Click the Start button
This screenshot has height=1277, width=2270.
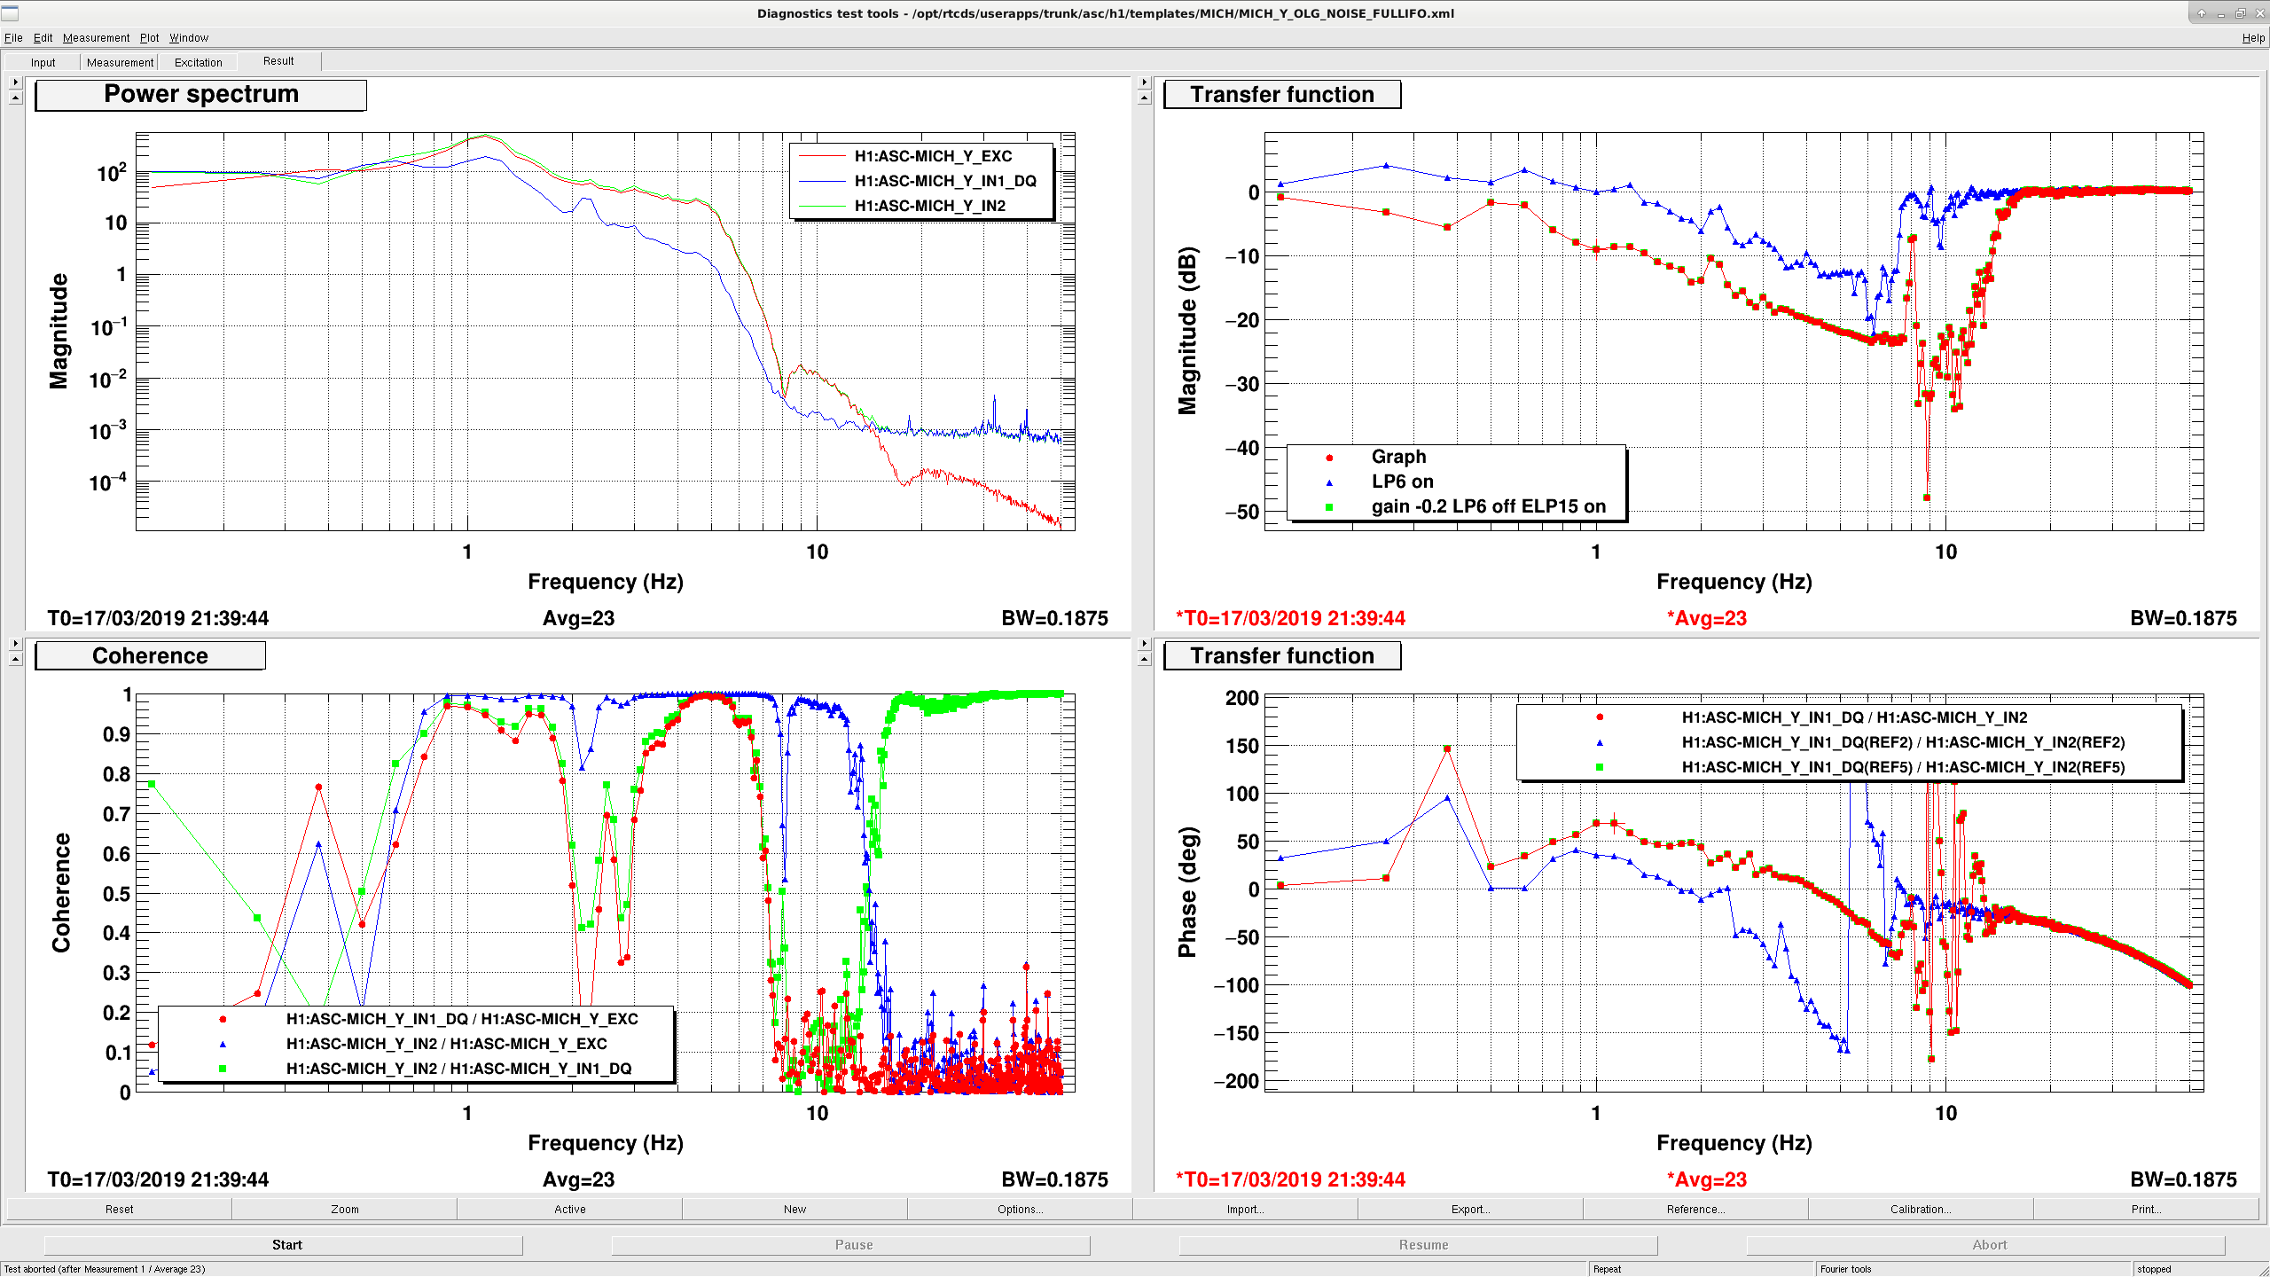(x=286, y=1245)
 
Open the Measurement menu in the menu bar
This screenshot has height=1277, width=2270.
(x=96, y=38)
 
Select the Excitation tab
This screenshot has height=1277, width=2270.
(x=198, y=63)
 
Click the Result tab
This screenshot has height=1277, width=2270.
(x=278, y=61)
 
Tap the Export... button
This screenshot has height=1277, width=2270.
(x=1470, y=1209)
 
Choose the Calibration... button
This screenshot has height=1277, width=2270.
(x=1921, y=1209)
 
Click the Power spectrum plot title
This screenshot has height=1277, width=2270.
(x=201, y=95)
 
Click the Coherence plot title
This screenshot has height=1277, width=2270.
(x=151, y=656)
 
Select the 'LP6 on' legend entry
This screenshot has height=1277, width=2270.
(x=1402, y=482)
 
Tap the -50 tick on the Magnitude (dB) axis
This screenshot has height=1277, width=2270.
(x=1241, y=512)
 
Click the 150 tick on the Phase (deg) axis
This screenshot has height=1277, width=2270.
(x=1241, y=747)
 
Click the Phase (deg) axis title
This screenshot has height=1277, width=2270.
(x=1187, y=892)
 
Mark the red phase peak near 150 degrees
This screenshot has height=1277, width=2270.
(x=1447, y=749)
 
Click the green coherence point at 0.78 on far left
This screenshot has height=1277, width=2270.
(x=153, y=784)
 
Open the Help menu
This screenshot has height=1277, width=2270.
(x=2253, y=38)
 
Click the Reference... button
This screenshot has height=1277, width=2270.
(x=1695, y=1209)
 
